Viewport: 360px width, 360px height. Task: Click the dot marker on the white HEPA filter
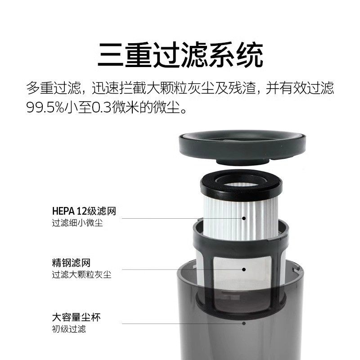(x=244, y=218)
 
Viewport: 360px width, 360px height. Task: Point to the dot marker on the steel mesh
(x=244, y=270)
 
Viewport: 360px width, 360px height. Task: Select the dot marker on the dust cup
(x=244, y=323)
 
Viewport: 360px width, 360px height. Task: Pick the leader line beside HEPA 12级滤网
(x=180, y=218)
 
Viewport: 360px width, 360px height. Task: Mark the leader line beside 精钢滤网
(x=180, y=270)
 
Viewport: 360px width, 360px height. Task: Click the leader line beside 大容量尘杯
(x=180, y=323)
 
